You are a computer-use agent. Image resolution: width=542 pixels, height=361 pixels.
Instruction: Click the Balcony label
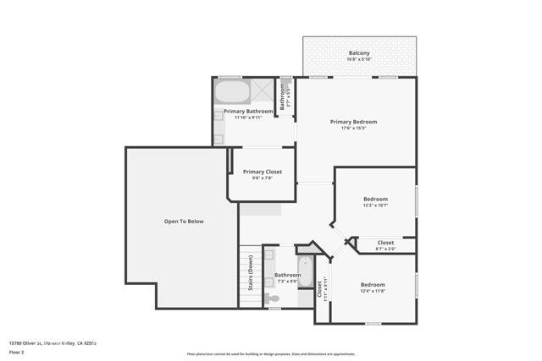coord(359,53)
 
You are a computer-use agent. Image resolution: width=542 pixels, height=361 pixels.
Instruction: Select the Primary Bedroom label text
coord(353,122)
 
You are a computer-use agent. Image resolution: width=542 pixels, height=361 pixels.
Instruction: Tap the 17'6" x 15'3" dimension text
coord(353,129)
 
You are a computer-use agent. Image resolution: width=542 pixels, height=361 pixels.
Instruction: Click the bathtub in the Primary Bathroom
coord(230,90)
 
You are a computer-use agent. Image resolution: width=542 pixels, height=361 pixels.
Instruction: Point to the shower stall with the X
coord(263,90)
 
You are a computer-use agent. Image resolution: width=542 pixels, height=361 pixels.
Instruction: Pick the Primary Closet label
coord(262,172)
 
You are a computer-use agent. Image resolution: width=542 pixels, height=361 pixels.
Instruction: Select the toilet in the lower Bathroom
coord(272,298)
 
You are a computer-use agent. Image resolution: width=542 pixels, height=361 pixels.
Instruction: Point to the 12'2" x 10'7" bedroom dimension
coord(375,205)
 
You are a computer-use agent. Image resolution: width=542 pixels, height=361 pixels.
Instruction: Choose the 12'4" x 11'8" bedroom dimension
coord(373,291)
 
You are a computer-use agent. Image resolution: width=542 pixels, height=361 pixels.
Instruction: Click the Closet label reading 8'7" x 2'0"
coord(385,249)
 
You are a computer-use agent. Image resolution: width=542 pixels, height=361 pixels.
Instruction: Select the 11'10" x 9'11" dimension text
coord(248,118)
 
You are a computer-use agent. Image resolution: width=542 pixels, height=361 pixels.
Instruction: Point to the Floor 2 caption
coord(17,353)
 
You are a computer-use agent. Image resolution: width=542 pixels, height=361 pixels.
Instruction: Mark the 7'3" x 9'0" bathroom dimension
coord(287,282)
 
